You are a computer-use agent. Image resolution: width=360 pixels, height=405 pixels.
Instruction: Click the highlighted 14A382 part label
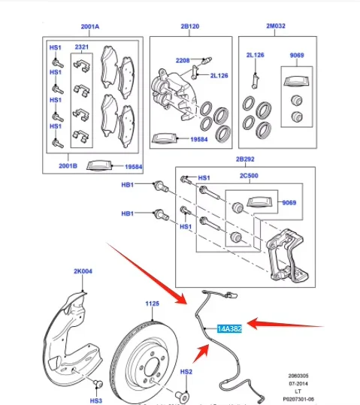pyautogui.click(x=229, y=328)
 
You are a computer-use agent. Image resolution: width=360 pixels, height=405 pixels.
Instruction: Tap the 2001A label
pyautogui.click(x=90, y=26)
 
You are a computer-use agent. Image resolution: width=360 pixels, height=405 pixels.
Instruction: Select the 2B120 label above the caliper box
pyautogui.click(x=190, y=26)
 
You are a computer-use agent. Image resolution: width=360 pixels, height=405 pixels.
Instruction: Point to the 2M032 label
pyautogui.click(x=276, y=26)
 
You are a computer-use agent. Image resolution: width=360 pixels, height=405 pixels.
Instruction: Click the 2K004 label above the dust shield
pyautogui.click(x=83, y=271)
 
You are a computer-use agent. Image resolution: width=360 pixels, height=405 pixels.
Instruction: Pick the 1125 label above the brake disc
pyautogui.click(x=153, y=304)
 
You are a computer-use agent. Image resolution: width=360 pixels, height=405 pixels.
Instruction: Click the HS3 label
pyautogui.click(x=96, y=400)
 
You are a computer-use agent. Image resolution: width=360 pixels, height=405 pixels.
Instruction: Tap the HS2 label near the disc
pyautogui.click(x=186, y=372)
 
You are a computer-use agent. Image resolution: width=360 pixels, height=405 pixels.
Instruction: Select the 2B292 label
pyautogui.click(x=245, y=159)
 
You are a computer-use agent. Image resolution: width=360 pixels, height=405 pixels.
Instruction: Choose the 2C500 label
pyautogui.click(x=249, y=176)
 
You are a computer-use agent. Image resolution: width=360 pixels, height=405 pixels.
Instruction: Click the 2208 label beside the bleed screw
pyautogui.click(x=183, y=60)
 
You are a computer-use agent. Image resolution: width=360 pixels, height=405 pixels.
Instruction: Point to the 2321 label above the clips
pyautogui.click(x=82, y=47)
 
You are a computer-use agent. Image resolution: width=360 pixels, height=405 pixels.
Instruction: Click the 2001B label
pyautogui.click(x=68, y=166)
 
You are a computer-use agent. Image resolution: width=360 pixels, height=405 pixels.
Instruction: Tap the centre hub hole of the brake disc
pyautogui.click(x=150, y=367)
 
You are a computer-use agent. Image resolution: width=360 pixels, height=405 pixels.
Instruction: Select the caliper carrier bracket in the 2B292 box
pyautogui.click(x=287, y=255)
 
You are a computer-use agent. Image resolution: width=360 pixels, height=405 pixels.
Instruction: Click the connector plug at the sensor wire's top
pyautogui.click(x=231, y=295)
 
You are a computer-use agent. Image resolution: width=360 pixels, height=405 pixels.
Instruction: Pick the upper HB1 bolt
pyautogui.click(x=161, y=186)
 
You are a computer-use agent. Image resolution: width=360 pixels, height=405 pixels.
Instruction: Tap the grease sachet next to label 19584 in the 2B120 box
pyautogui.click(x=165, y=138)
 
